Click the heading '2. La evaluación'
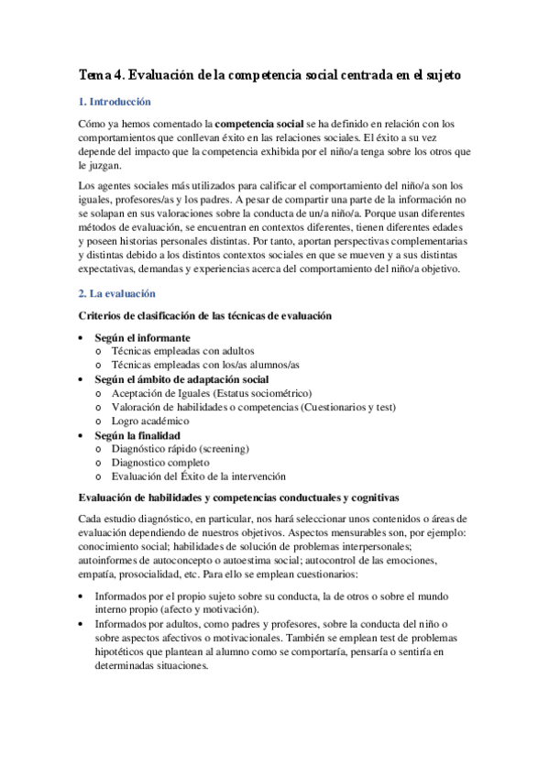tap(116, 294)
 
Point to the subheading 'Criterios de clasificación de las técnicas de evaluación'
tap(206, 316)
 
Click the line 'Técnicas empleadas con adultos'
tap(183, 351)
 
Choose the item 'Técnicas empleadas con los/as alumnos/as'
tap(205, 365)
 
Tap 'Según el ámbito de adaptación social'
tap(181, 379)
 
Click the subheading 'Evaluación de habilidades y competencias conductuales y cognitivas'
tap(239, 498)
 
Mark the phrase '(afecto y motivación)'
tap(207, 610)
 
